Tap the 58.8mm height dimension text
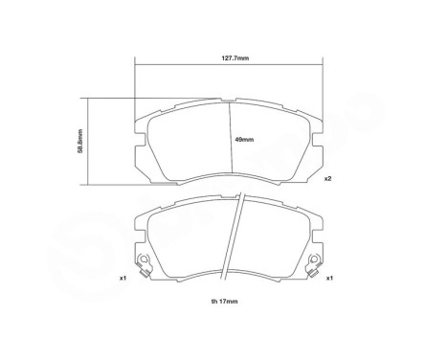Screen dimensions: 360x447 point(80,139)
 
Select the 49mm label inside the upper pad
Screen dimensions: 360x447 point(245,142)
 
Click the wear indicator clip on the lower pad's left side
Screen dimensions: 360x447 point(145,263)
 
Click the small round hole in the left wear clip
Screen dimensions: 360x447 point(143,260)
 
